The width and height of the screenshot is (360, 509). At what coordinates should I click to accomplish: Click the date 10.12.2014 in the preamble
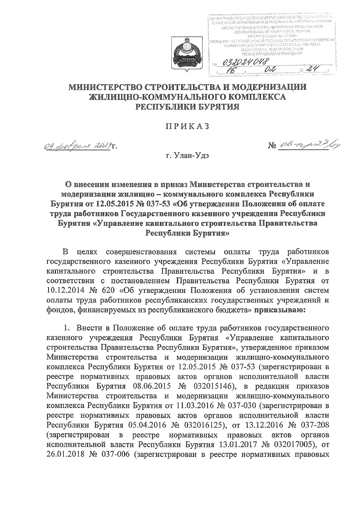[65, 291]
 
